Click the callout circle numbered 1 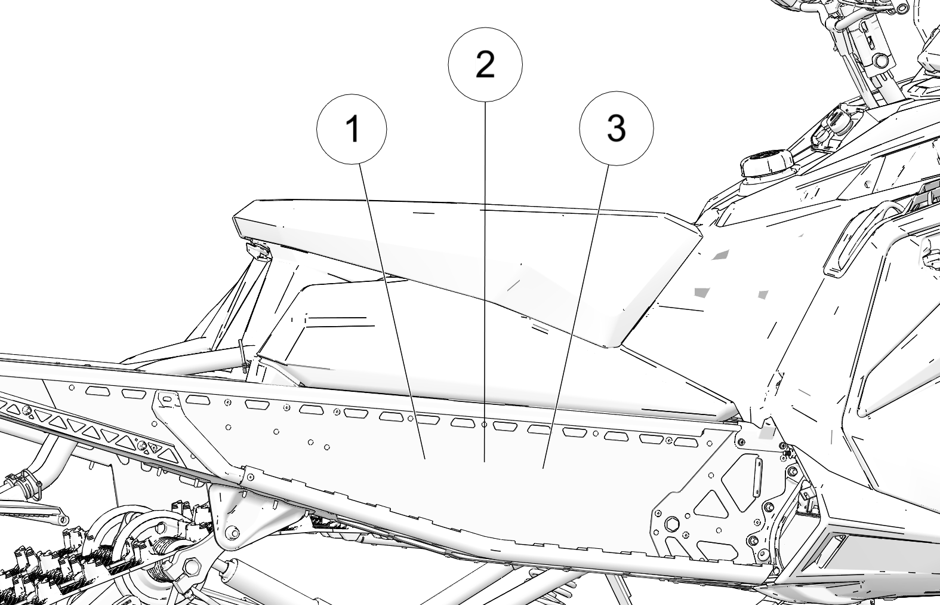click(352, 129)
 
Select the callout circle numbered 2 click(485, 65)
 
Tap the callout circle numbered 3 click(616, 128)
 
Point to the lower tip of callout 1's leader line click(425, 459)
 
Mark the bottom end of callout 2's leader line click(485, 462)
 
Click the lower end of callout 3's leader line click(543, 468)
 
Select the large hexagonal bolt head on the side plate click(673, 524)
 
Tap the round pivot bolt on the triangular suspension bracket click(230, 532)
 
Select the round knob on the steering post click(882, 62)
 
